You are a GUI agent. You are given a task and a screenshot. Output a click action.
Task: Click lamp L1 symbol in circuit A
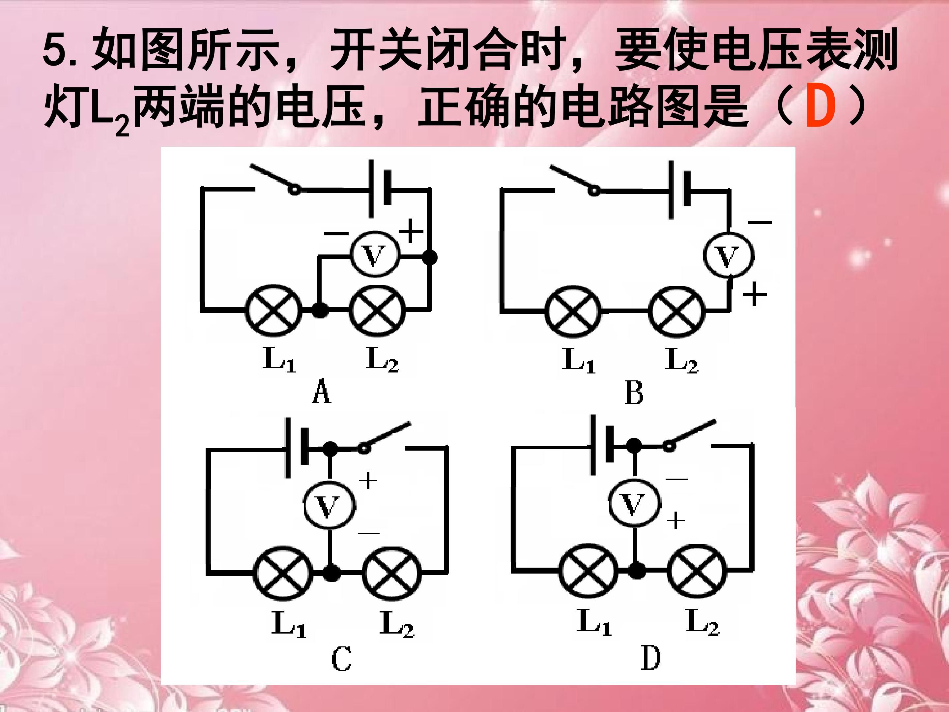273,310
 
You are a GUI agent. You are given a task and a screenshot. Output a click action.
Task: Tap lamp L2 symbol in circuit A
377,310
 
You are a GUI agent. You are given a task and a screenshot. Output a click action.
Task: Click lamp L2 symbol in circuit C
392,573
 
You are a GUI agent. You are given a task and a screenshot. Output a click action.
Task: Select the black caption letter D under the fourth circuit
651,658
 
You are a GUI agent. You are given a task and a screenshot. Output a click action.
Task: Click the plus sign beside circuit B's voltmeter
755,294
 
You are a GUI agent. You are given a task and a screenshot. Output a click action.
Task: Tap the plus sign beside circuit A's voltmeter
411,231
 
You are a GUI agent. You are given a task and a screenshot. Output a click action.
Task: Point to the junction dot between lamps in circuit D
637,570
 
